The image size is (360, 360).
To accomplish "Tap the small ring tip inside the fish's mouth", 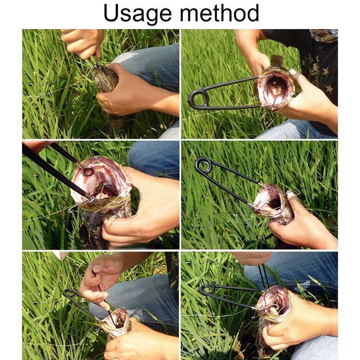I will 88,171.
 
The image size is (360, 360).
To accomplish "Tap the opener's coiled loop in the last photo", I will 208,289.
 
